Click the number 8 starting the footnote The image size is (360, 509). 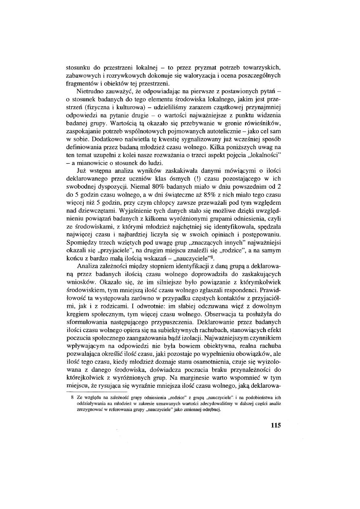point(72,397)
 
